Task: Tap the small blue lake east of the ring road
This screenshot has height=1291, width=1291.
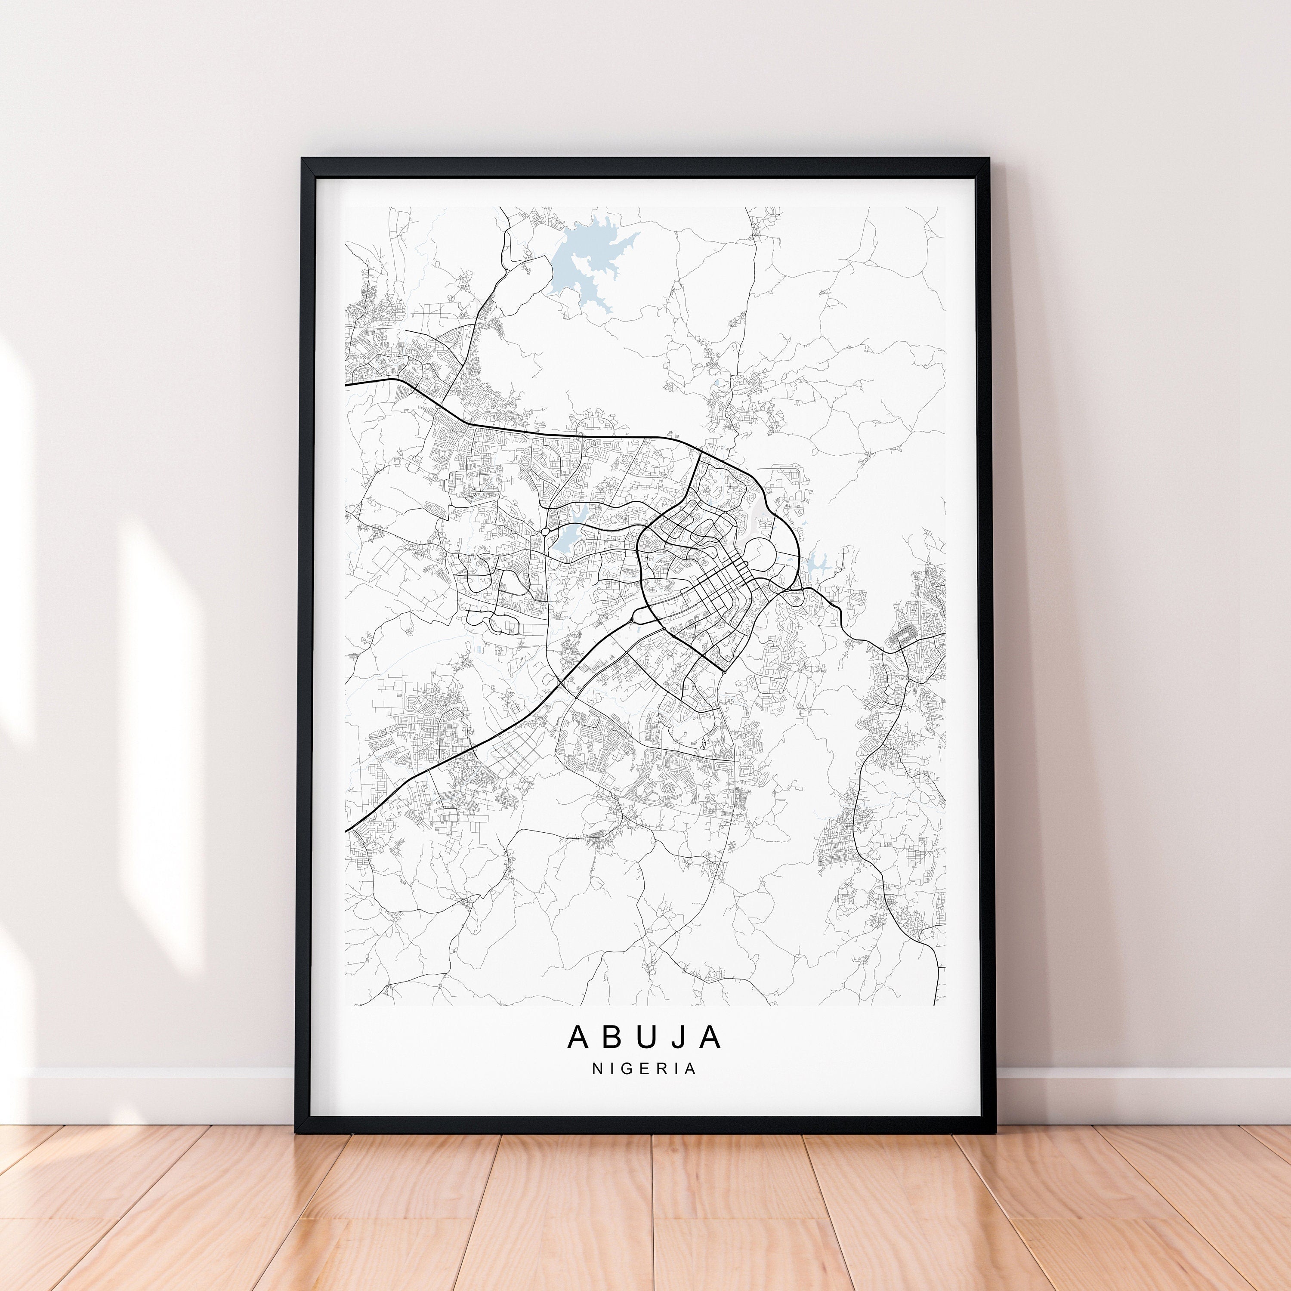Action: pos(814,565)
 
